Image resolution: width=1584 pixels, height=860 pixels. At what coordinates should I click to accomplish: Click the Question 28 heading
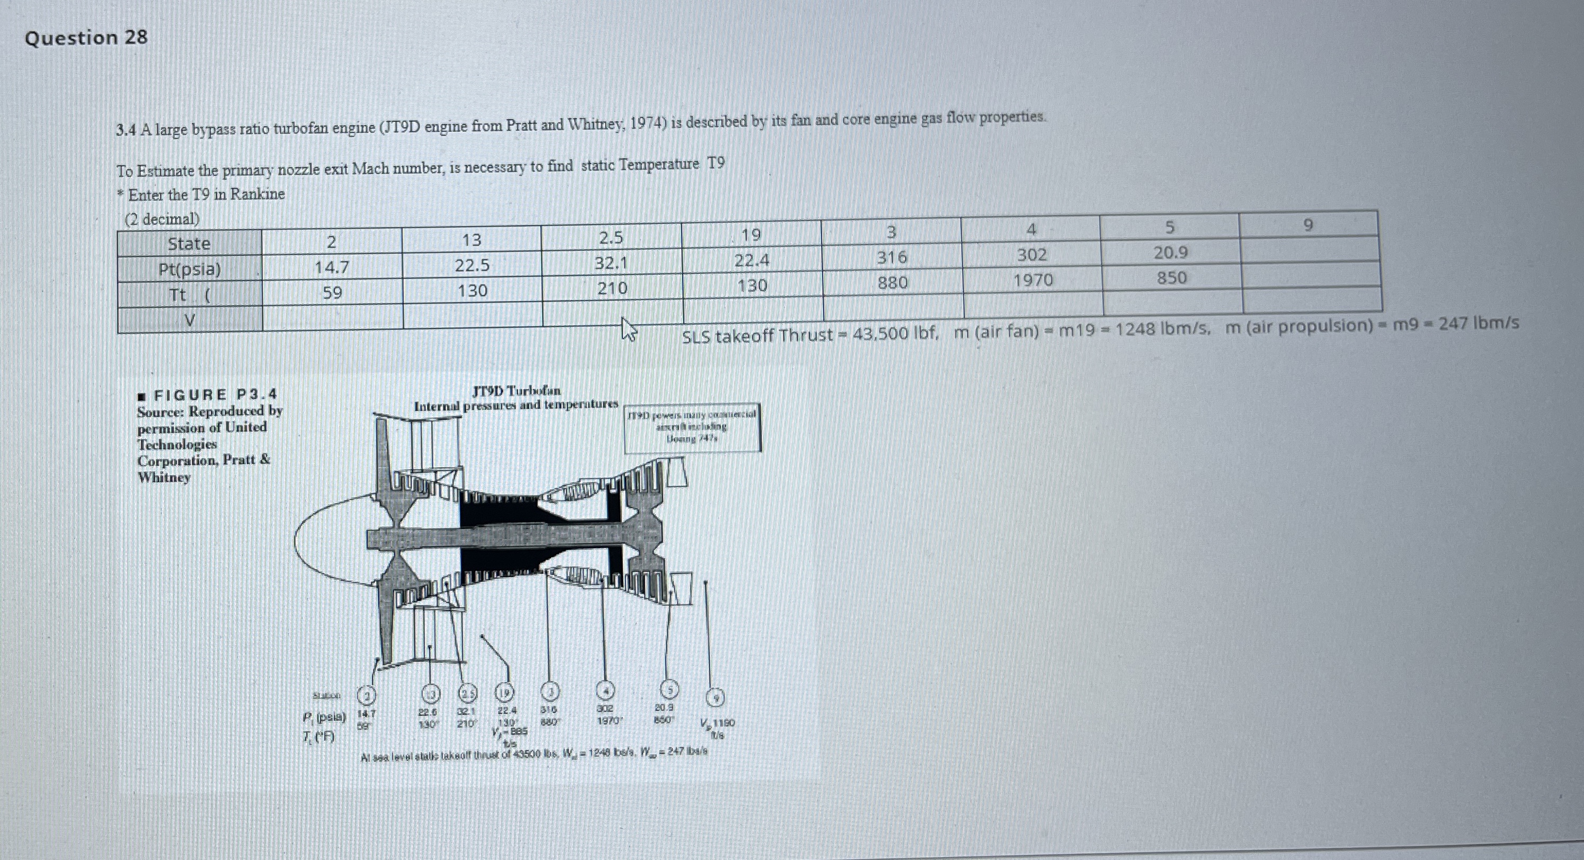click(86, 38)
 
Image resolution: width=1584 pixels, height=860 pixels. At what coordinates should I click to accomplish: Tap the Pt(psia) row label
click(190, 269)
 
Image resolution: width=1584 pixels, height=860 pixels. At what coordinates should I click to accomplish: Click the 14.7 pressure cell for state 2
click(332, 267)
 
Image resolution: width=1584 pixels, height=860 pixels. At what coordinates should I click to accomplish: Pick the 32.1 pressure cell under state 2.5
click(611, 263)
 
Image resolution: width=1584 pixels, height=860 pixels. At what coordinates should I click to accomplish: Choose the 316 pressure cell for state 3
click(892, 257)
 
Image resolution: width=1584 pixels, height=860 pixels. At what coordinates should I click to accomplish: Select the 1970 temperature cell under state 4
click(1033, 280)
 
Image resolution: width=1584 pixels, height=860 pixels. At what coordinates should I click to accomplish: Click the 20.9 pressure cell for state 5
click(1171, 253)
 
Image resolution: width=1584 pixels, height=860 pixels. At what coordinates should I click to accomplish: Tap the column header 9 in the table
click(1308, 226)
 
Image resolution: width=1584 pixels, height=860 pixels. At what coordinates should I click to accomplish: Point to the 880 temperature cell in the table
click(892, 283)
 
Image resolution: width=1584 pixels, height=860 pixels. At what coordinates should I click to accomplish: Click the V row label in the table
click(190, 320)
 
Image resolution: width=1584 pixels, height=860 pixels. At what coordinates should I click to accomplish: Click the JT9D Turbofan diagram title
click(517, 391)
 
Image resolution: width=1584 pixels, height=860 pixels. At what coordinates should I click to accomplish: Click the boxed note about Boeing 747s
click(692, 427)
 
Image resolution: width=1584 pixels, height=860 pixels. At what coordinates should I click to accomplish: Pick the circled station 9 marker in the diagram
click(715, 698)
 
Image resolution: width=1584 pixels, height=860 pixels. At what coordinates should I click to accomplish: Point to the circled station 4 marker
click(605, 691)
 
